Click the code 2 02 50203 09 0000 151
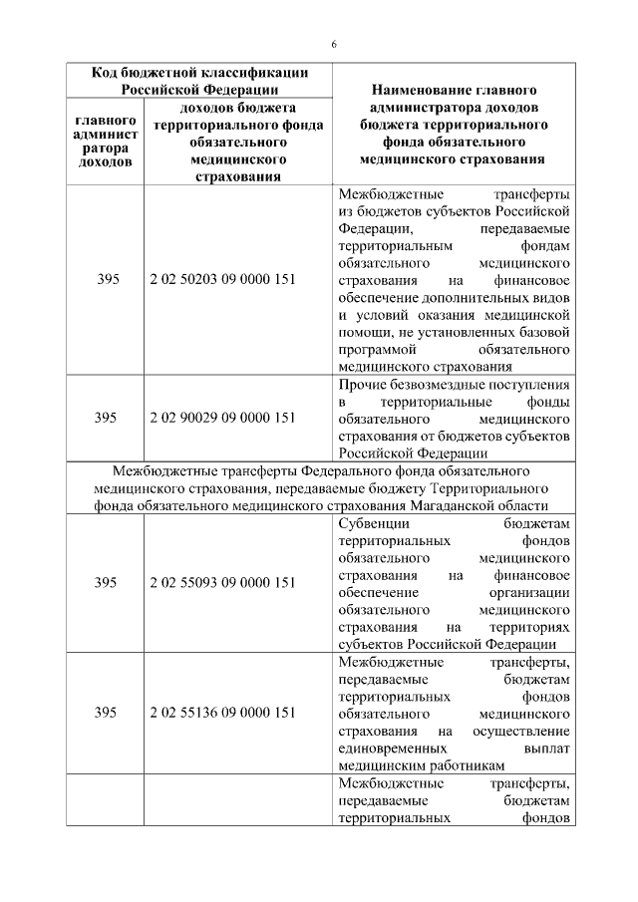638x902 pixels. (x=222, y=280)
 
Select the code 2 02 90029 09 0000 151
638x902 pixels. (x=222, y=418)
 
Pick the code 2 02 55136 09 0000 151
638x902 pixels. (x=222, y=713)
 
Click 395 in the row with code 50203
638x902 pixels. (x=107, y=280)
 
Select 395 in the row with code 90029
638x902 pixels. (x=107, y=418)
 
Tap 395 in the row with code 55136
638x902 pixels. (x=107, y=713)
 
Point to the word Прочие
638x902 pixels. (x=363, y=384)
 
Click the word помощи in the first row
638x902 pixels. (x=364, y=333)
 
